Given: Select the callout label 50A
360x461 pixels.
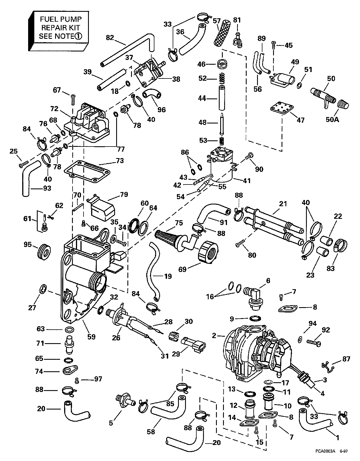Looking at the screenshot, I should pyautogui.click(x=332, y=120).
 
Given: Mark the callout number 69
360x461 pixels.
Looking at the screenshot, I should pyautogui.click(x=183, y=269).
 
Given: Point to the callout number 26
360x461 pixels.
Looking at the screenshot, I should pyautogui.click(x=116, y=338).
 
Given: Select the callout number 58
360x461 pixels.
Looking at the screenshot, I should pyautogui.click(x=151, y=431).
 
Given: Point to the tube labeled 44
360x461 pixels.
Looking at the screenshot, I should pyautogui.click(x=222, y=99).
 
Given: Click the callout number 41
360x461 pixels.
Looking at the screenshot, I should pyautogui.click(x=247, y=181).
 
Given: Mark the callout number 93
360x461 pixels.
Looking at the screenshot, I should pyautogui.click(x=47, y=188).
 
